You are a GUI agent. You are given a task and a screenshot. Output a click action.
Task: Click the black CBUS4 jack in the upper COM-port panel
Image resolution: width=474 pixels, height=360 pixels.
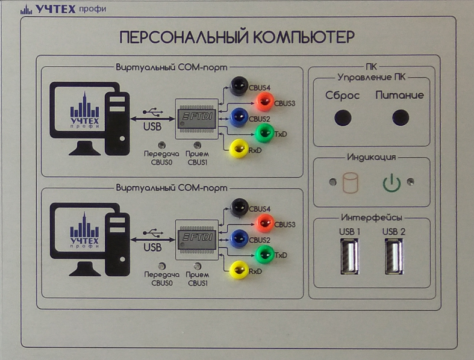click(240, 85)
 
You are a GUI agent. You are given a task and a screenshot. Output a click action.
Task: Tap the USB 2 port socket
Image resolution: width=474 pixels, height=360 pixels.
click(393, 256)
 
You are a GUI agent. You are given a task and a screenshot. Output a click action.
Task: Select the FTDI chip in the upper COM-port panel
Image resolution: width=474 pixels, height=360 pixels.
click(195, 115)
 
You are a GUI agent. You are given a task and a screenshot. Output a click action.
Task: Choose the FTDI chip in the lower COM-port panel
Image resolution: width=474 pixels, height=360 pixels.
click(195, 239)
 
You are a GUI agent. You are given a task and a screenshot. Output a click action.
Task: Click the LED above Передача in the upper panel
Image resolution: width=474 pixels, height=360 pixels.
click(161, 144)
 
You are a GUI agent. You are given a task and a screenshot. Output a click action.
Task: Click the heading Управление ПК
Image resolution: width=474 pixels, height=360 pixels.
click(371, 78)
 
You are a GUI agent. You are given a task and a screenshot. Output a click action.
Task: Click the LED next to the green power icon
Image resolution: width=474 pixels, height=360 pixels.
click(411, 181)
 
